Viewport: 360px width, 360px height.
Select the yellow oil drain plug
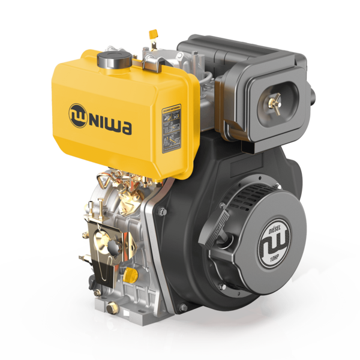pos(134,275)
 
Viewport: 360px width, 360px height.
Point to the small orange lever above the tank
pos(151,32)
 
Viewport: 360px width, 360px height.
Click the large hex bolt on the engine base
pos(112,307)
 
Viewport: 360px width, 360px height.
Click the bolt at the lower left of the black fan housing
pos(182,307)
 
